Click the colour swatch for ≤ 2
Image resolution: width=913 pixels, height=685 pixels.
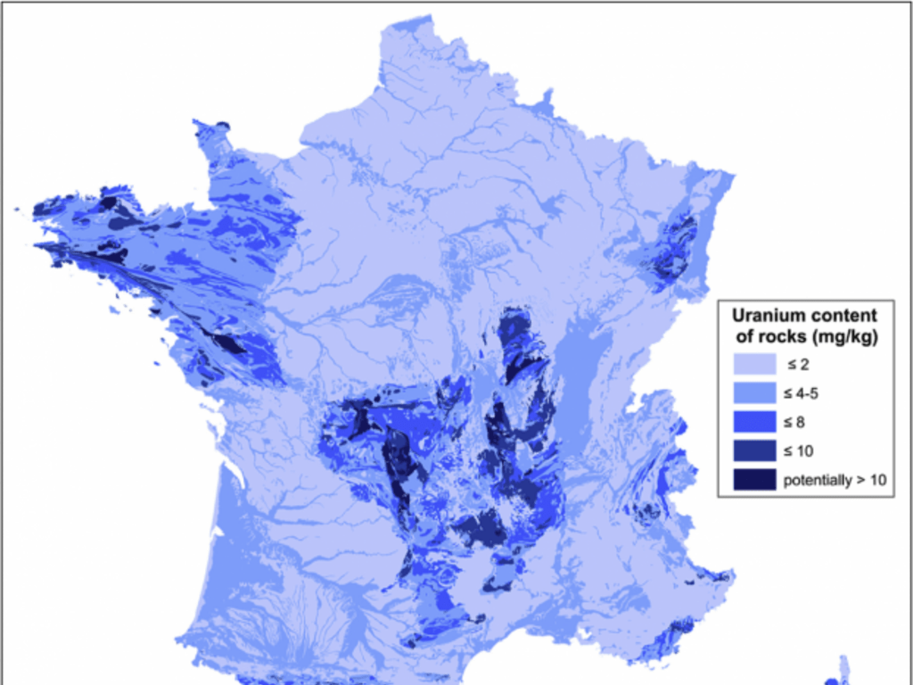pos(753,364)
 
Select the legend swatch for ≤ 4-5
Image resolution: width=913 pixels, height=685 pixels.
pos(753,392)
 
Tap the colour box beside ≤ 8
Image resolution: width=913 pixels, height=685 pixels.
pos(753,422)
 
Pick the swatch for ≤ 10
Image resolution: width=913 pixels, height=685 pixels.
pos(753,450)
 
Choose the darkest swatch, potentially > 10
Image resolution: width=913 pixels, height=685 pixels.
pos(753,480)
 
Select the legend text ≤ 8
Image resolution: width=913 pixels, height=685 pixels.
pos(797,422)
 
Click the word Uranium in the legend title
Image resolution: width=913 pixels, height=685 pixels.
pos(765,315)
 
